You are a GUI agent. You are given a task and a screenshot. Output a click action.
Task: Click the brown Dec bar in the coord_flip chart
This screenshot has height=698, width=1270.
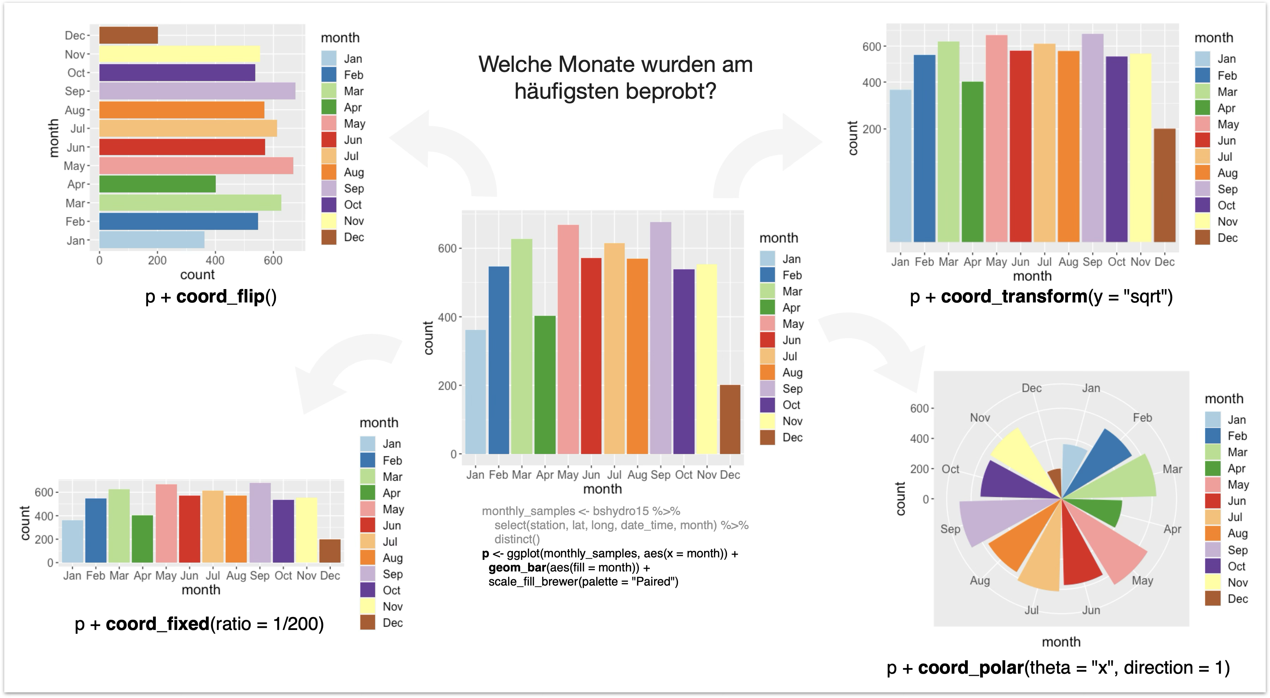(128, 36)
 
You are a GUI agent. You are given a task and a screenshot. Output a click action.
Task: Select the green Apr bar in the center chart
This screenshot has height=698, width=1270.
(544, 385)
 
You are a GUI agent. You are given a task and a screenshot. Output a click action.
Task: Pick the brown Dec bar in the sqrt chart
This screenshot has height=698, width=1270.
(1165, 185)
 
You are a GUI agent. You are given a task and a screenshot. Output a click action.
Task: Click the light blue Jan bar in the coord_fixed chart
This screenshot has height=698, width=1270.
(73, 541)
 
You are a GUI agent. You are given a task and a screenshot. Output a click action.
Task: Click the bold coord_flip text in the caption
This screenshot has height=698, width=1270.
(220, 297)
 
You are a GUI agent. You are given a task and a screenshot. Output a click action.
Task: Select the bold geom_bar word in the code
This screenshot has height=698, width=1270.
(517, 568)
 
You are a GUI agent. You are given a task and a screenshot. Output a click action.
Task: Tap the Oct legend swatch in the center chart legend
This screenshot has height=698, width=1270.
(768, 405)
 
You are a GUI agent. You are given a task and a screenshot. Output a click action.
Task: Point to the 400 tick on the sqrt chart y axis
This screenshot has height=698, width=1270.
(871, 83)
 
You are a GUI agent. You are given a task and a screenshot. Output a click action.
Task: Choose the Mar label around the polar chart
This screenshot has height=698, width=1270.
(1172, 469)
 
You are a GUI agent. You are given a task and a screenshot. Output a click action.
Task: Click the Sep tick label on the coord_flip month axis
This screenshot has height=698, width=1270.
(75, 92)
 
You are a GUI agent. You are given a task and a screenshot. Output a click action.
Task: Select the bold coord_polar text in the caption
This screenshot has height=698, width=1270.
(971, 668)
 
